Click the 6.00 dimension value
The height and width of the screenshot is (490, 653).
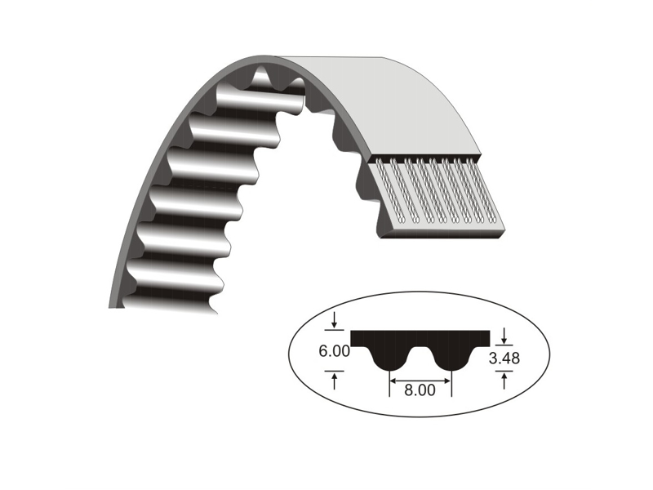[x=335, y=352]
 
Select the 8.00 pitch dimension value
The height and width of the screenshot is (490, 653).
[x=420, y=390]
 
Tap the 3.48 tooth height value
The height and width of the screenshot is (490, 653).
[x=504, y=357]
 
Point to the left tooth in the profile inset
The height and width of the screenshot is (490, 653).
[x=390, y=359]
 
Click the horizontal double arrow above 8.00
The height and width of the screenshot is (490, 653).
[x=420, y=380]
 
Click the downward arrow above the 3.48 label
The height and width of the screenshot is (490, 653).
[x=504, y=334]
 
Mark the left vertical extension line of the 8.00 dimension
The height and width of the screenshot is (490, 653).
[x=390, y=384]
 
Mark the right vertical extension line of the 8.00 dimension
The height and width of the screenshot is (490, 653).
[x=451, y=384]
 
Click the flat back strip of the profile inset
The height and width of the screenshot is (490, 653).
[x=420, y=336]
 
